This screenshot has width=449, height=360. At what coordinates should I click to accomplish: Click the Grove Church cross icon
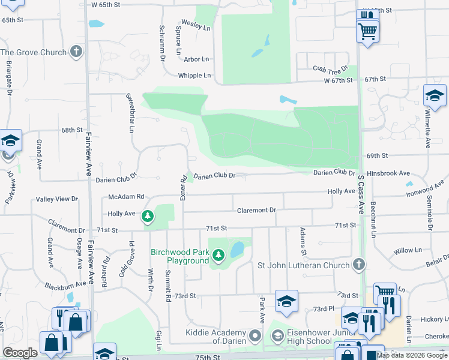tap(76, 52)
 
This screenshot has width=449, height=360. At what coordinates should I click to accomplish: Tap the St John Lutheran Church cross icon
tap(358, 265)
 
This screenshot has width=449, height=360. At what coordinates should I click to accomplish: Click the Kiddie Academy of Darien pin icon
tap(255, 337)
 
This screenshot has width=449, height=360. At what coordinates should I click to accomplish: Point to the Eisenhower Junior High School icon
tap(277, 337)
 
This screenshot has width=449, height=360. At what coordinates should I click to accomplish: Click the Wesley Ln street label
tap(198, 28)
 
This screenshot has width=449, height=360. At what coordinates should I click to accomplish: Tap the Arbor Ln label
tap(196, 59)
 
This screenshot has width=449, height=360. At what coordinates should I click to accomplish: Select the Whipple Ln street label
tap(194, 76)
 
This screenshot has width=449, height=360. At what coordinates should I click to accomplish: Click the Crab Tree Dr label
tap(330, 69)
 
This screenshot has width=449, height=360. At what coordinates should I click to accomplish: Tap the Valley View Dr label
tap(57, 199)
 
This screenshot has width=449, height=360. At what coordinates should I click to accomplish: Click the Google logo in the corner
tap(20, 353)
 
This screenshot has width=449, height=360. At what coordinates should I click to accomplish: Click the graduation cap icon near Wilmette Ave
tap(434, 96)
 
